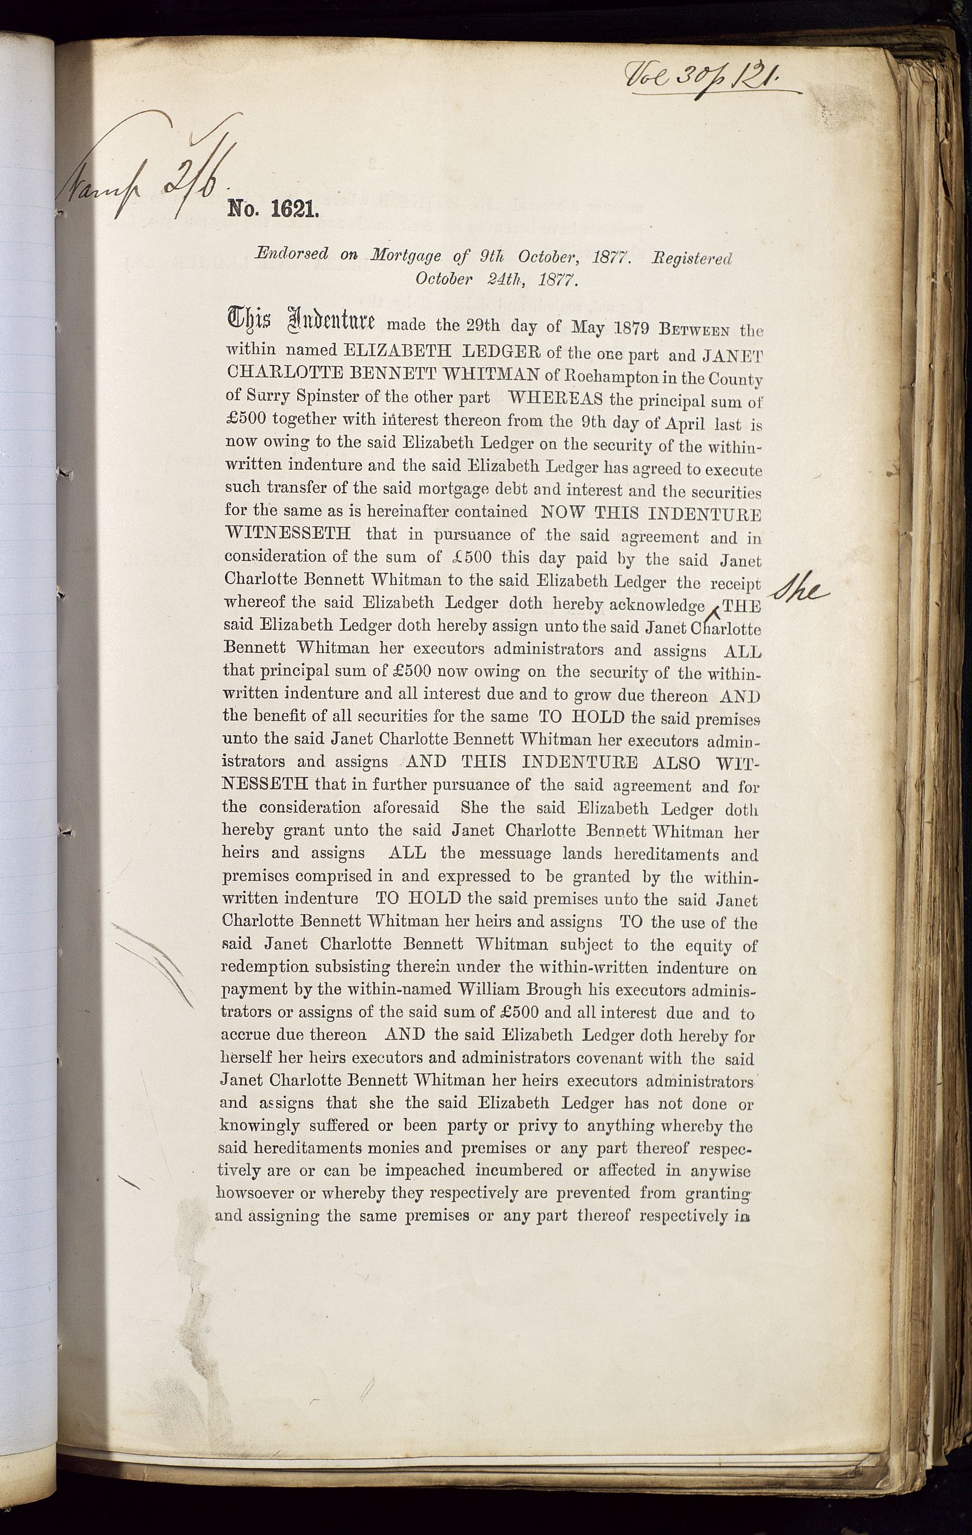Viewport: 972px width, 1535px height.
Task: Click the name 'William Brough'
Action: click(x=519, y=990)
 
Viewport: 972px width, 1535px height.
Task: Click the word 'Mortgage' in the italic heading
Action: click(x=406, y=256)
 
